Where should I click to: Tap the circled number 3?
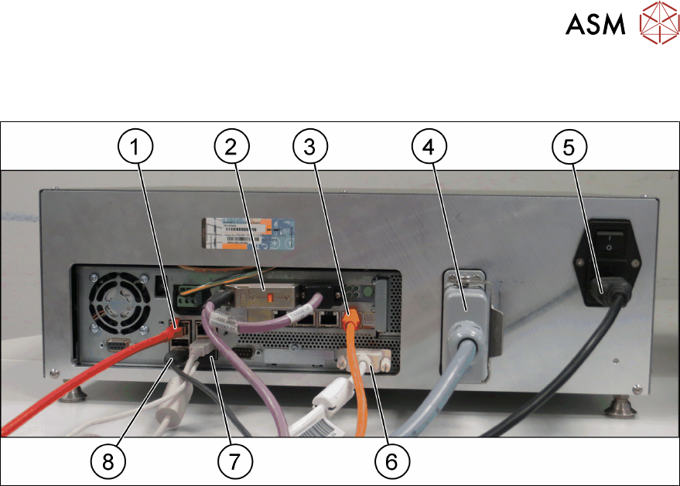click(x=310, y=148)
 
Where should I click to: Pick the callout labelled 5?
click(x=569, y=148)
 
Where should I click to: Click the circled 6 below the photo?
click(x=391, y=461)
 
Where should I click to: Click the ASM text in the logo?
click(x=595, y=25)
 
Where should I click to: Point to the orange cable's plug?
click(x=350, y=316)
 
